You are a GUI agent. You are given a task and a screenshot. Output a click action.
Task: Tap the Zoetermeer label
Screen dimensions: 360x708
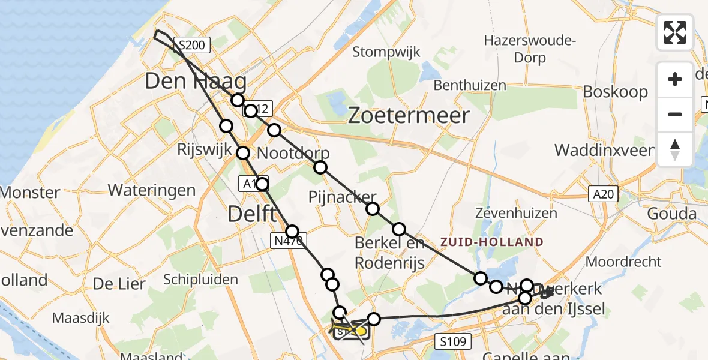[409, 115]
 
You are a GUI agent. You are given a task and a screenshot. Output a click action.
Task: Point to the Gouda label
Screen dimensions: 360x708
[671, 214]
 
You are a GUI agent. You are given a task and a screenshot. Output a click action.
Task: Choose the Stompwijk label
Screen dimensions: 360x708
[386, 52]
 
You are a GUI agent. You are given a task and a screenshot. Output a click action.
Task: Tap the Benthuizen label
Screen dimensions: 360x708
[470, 85]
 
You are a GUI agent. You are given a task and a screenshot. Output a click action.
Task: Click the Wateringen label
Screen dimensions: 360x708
[151, 191]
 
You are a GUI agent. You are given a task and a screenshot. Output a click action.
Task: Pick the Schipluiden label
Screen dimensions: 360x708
[201, 280]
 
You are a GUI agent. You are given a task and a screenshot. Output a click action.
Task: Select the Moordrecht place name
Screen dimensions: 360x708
[623, 262]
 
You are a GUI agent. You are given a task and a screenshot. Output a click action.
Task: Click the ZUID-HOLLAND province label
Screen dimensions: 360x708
[492, 242]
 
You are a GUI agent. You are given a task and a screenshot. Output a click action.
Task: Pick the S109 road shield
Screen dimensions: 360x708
[452, 342]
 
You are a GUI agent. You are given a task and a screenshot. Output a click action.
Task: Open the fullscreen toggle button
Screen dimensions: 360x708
[675, 32]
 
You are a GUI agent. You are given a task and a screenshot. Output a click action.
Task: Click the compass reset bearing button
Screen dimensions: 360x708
[675, 149]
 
